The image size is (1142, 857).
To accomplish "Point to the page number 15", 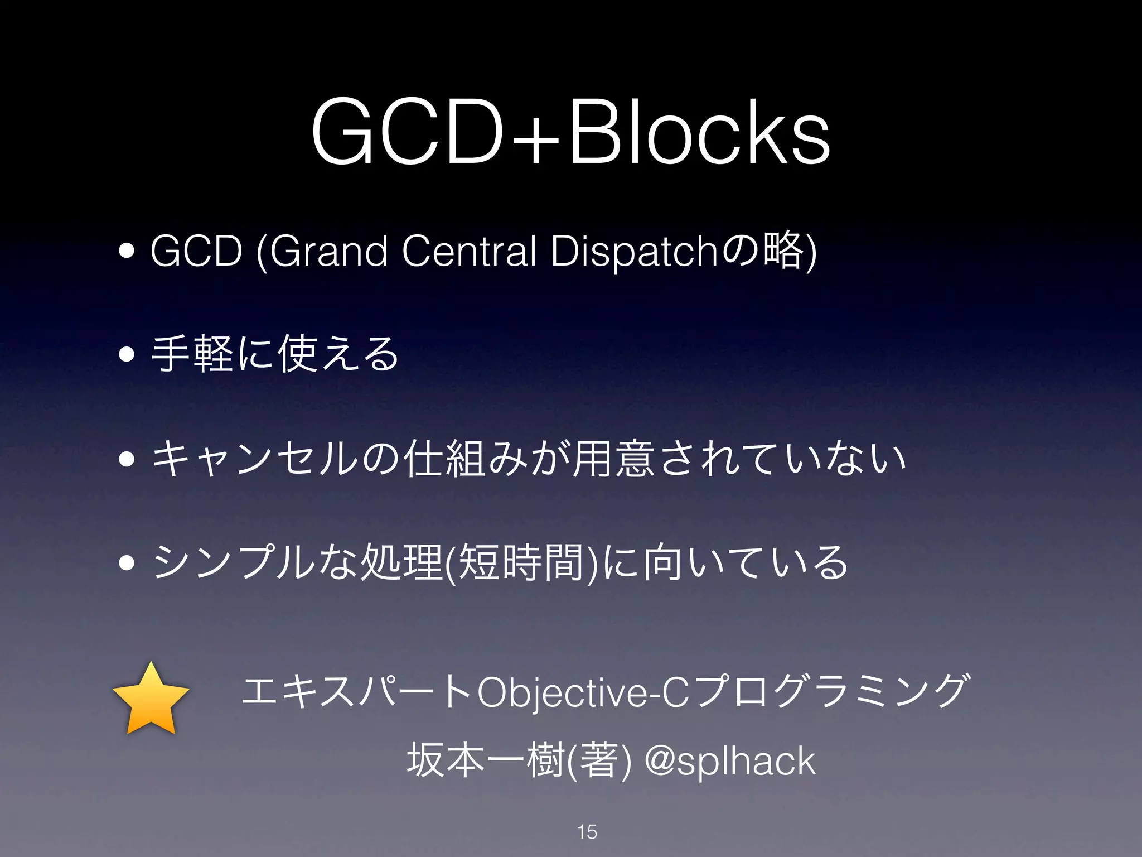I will pos(587,832).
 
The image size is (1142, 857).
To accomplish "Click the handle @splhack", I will pos(730,761).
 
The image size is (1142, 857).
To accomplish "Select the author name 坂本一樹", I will pos(485,761).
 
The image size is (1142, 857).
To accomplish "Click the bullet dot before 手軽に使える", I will pos(127,354).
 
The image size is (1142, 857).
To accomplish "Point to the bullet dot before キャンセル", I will pos(127,459).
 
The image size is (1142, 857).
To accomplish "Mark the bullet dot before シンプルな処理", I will pos(127,563).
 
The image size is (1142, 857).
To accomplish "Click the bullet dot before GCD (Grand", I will pos(127,251).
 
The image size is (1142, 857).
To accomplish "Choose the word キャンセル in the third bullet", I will pos(254,459).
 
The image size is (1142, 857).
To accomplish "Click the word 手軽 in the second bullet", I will pos(192,354).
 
